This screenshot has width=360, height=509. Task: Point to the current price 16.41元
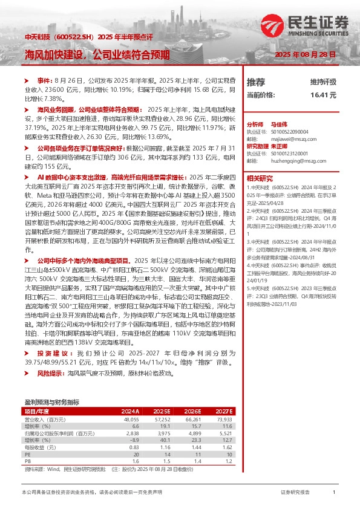323,95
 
